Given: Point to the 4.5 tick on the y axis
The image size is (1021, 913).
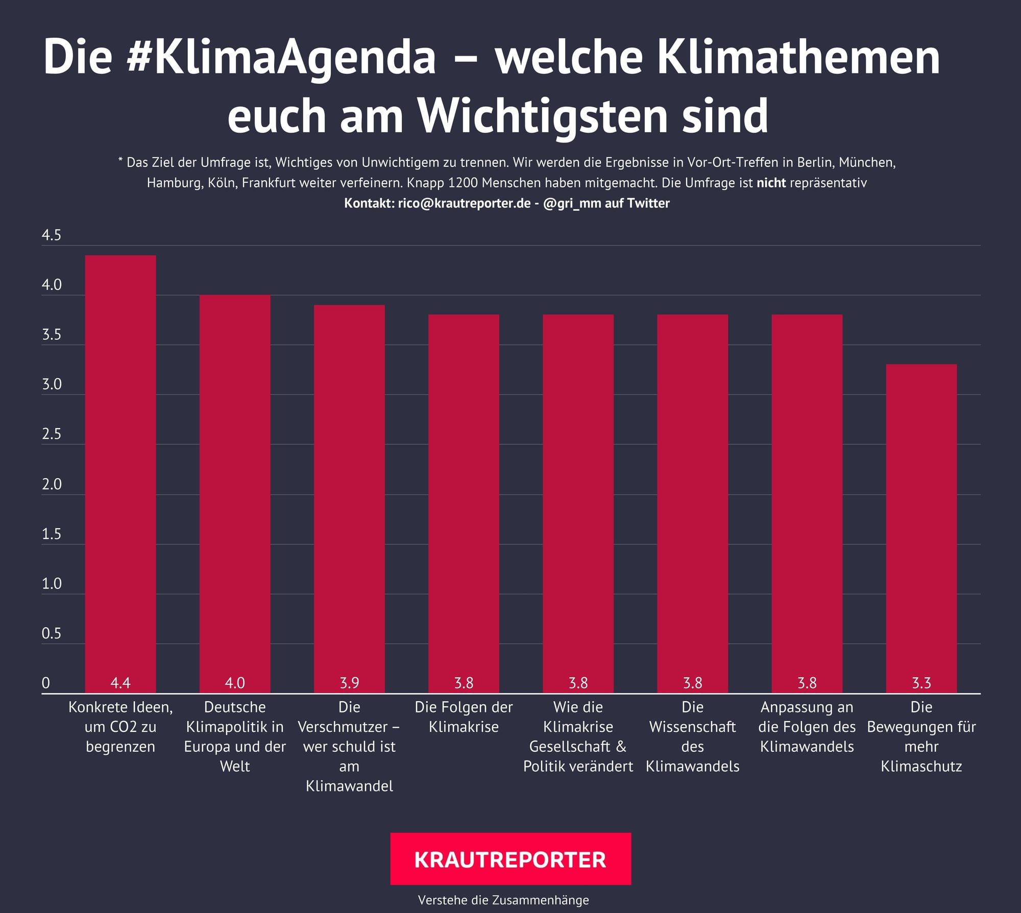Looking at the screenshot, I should click(x=51, y=235).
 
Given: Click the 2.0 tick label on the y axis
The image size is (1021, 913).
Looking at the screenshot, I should click(x=51, y=484).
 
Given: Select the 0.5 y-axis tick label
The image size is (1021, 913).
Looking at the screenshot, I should click(x=51, y=634).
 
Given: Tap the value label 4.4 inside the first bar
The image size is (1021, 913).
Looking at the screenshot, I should click(x=120, y=683).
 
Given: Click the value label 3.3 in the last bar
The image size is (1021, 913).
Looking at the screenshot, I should click(x=921, y=683).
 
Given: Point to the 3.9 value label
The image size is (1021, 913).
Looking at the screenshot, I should click(x=349, y=683).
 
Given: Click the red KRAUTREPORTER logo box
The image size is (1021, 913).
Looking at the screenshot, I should click(x=510, y=859).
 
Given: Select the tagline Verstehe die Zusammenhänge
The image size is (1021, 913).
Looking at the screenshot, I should click(x=503, y=900).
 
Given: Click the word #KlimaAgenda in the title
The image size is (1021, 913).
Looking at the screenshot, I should click(x=281, y=57).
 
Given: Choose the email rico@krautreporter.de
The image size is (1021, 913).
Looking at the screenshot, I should click(x=465, y=203).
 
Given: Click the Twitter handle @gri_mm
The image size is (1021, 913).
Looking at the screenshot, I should click(x=572, y=203).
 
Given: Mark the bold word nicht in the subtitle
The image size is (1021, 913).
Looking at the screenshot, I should click(x=771, y=183).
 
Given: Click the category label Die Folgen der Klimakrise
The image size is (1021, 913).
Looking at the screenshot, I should click(x=464, y=717).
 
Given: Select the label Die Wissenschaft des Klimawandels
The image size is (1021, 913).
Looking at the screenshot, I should click(x=692, y=736).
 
